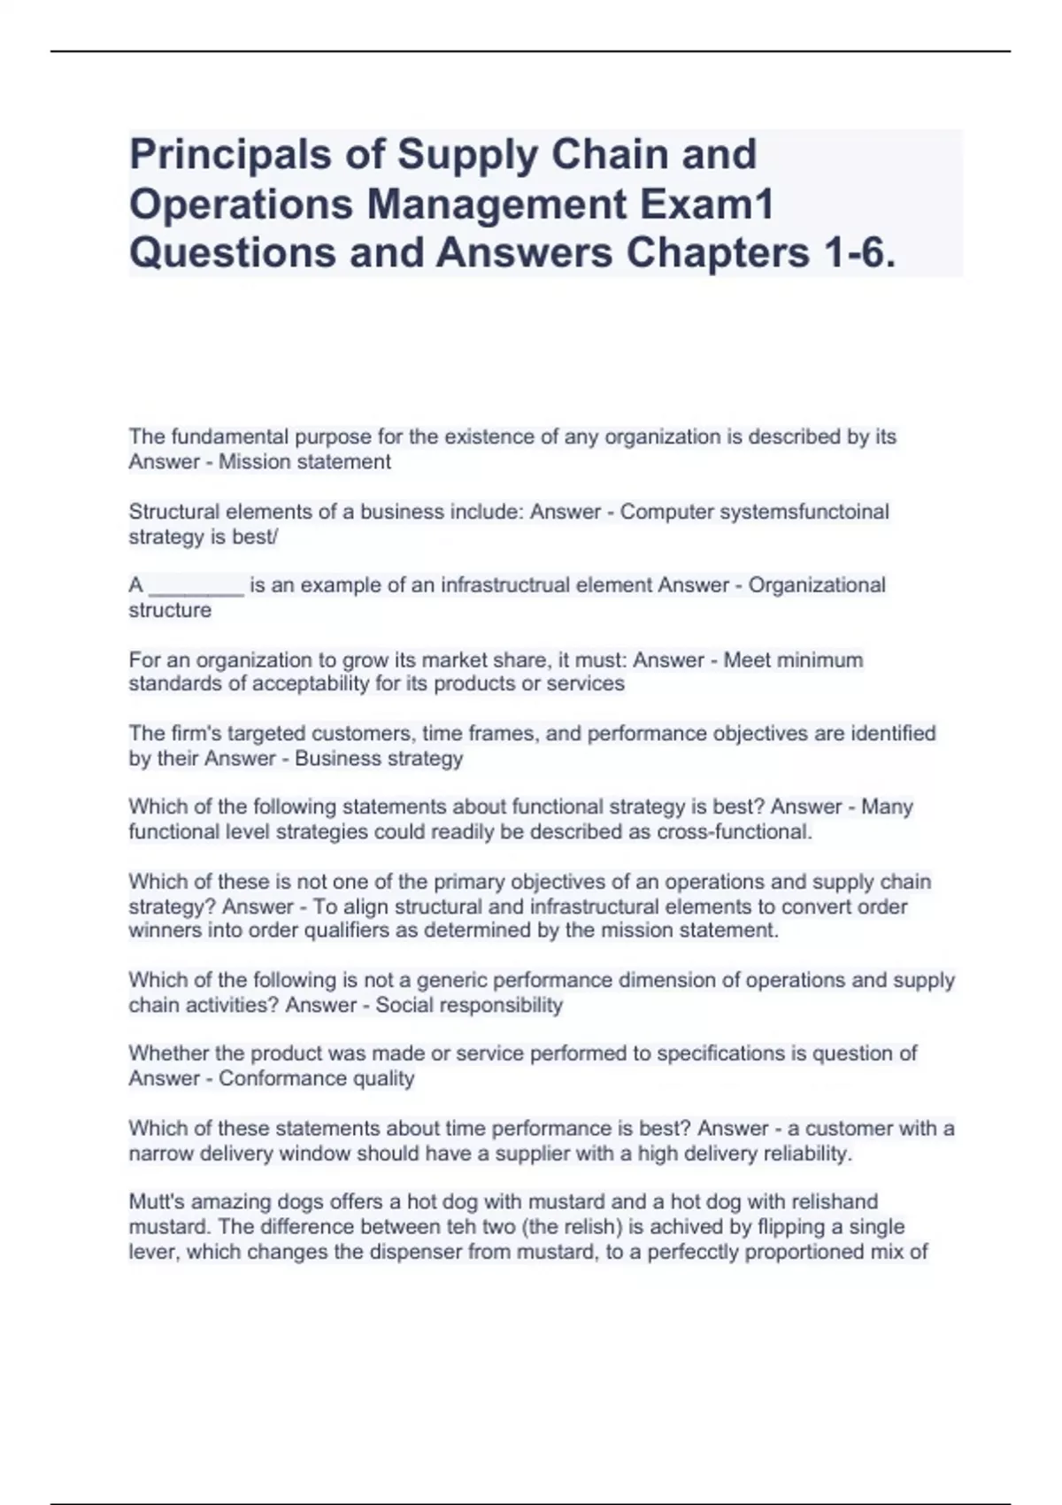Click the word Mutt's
click(x=157, y=1202)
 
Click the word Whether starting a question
click(x=169, y=1053)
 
